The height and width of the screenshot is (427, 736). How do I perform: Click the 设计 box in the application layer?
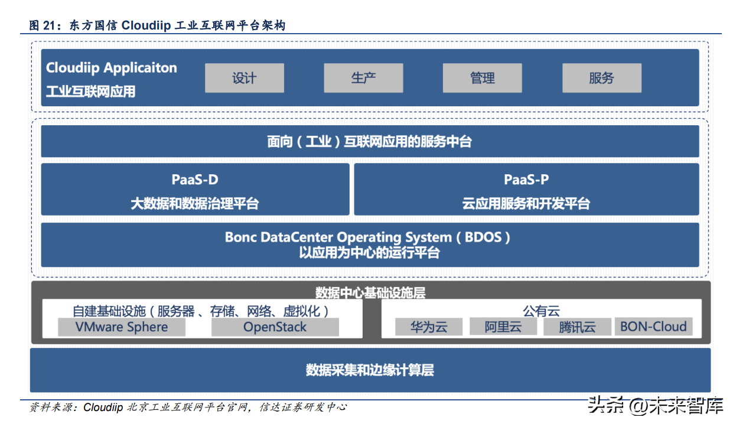(x=245, y=78)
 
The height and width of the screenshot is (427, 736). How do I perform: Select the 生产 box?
(x=363, y=78)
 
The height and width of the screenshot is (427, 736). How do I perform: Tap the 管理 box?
(x=482, y=78)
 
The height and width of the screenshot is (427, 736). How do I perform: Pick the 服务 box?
(x=601, y=78)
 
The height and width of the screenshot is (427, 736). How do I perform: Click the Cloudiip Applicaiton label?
(x=112, y=68)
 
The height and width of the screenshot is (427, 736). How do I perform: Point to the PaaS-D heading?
(x=195, y=180)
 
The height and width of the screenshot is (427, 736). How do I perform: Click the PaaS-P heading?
(x=526, y=180)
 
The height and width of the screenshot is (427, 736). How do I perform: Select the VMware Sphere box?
(x=122, y=327)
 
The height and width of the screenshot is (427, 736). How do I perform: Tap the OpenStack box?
(x=275, y=327)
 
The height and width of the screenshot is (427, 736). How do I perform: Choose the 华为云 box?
(x=429, y=327)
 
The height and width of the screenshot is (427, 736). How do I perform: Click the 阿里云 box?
(x=503, y=327)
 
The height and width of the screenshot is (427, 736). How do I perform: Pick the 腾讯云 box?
(x=577, y=327)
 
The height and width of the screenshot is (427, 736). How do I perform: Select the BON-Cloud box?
(x=653, y=327)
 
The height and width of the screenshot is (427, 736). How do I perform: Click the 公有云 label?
(x=541, y=311)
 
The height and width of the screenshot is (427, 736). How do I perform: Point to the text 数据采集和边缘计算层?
(x=370, y=370)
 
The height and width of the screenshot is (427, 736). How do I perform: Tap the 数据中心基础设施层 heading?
(x=370, y=292)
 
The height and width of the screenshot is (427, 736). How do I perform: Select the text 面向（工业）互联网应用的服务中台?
(x=370, y=142)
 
